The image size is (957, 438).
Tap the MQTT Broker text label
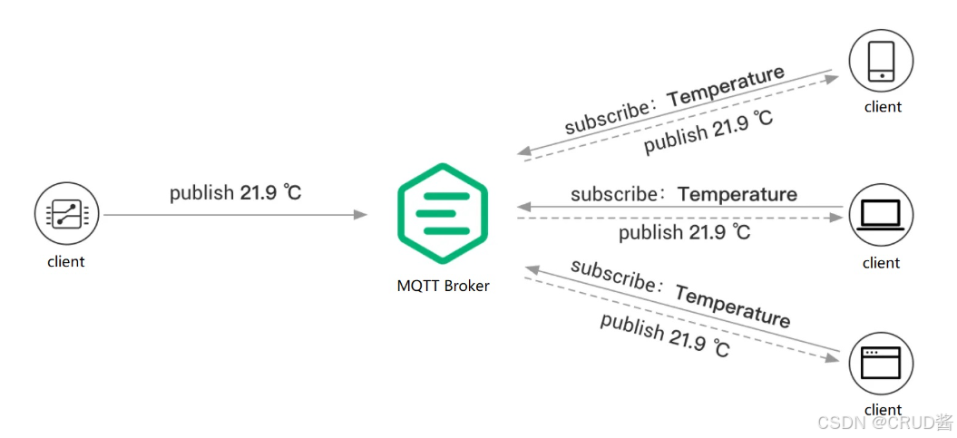tap(443, 286)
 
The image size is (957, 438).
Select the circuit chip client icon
tap(66, 215)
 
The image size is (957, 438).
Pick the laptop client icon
tap(880, 215)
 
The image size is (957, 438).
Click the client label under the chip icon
tap(66, 262)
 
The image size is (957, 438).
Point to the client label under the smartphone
tap(883, 107)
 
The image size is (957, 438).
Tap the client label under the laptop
tap(881, 263)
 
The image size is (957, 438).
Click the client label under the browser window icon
tap(883, 410)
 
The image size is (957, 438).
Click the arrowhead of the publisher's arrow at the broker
tap(361, 215)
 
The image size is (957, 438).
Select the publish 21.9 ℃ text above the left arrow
tap(236, 192)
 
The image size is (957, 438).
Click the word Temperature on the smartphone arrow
tap(727, 85)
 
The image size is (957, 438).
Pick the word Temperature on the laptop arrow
tap(737, 194)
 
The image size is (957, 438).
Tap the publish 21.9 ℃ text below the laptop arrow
tap(685, 233)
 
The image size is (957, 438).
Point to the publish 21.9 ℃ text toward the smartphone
tap(708, 133)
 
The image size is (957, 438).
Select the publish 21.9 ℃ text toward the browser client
tap(665, 336)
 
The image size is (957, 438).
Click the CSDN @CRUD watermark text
tap(884, 423)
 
